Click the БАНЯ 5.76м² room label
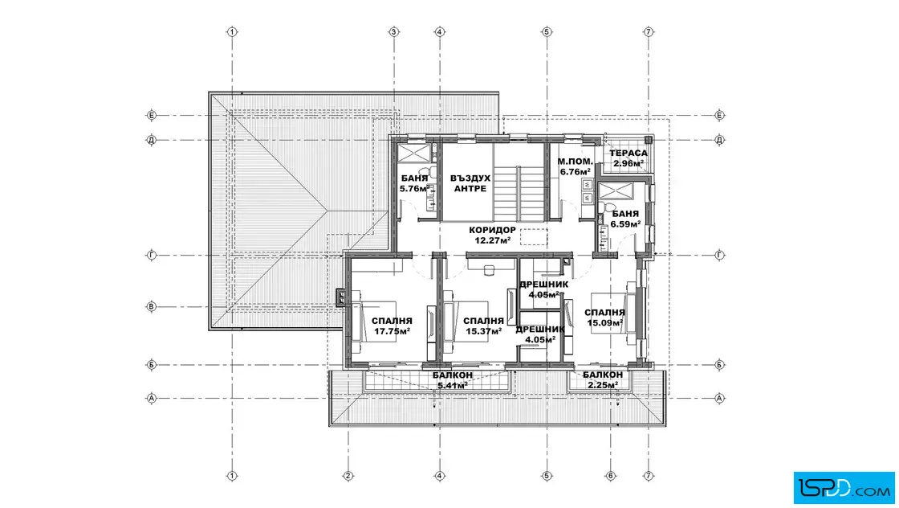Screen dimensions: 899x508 click(x=414, y=183)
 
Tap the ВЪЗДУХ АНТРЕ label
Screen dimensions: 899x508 click(x=470, y=183)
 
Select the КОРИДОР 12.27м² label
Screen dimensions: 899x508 click(x=493, y=236)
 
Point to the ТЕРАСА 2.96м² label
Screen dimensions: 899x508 click(x=628, y=158)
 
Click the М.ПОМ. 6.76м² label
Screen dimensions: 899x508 click(x=575, y=166)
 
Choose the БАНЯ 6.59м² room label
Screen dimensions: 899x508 click(x=625, y=219)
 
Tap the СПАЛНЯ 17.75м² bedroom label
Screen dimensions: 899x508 click(x=392, y=326)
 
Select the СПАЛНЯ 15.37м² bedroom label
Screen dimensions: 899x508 click(x=483, y=326)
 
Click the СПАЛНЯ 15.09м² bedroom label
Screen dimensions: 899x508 click(x=605, y=317)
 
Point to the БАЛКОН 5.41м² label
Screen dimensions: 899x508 click(x=453, y=380)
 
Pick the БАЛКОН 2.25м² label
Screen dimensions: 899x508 click(x=603, y=380)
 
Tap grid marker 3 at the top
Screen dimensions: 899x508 click(x=394, y=32)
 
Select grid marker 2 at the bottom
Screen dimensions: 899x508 click(x=348, y=476)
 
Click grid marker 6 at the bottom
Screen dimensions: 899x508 click(x=611, y=476)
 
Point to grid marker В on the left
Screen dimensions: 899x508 click(x=152, y=306)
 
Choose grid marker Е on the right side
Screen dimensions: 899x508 click(x=720, y=116)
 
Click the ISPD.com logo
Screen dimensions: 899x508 click(x=844, y=488)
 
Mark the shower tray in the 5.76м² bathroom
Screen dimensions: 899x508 click(x=414, y=153)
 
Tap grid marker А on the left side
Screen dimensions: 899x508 click(x=152, y=398)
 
